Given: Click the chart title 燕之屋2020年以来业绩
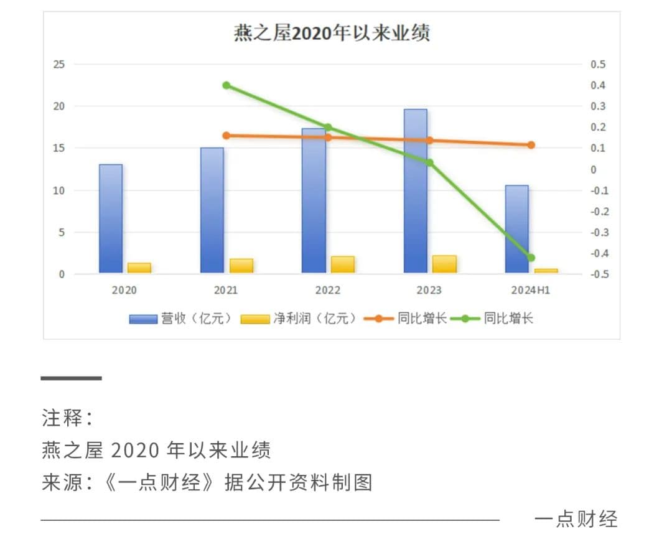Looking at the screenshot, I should point(331,33).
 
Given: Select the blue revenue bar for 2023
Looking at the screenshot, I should point(415,190).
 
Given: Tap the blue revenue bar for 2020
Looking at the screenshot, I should point(111,218).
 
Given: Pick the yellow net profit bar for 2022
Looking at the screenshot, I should point(342,264).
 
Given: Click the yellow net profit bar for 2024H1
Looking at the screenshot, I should point(546,271).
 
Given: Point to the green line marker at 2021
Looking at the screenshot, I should point(226,85).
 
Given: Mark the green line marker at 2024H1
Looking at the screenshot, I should point(531,258).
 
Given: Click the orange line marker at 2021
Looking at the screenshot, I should point(226,136).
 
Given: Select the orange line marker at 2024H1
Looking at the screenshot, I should point(531,145).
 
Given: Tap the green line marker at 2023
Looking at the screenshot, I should point(429,163).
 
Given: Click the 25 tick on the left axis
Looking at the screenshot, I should point(60,65).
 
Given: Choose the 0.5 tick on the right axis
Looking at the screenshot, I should point(598,65).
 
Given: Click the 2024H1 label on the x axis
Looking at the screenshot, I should point(531,291).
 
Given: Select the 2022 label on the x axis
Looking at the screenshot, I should point(328,291).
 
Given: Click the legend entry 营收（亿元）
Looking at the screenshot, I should point(180,319).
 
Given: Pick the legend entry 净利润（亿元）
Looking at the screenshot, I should point(299,319).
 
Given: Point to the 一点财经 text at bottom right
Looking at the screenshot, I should point(576,518).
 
